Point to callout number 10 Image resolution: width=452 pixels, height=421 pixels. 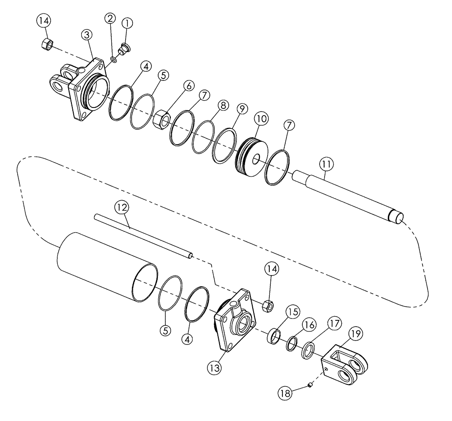point(262,119)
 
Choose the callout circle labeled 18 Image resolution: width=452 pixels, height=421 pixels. point(285,393)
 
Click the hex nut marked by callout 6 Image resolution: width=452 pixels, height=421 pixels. point(162,120)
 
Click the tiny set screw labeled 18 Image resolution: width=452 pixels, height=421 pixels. point(310,384)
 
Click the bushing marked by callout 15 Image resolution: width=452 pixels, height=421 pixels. point(273,337)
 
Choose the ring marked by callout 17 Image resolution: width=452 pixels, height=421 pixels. point(308,351)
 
